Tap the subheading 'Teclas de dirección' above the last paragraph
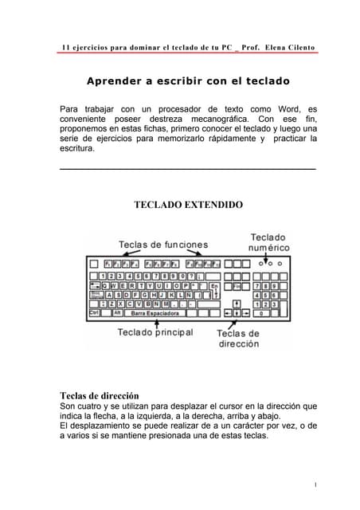pos(100,395)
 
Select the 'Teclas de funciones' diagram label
pos(163,244)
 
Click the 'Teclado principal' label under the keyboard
pos(155,331)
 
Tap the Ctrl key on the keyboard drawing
pos(94,313)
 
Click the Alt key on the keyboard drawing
pos(116,313)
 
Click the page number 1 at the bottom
pos(315,484)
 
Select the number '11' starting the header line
pos(66,47)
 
